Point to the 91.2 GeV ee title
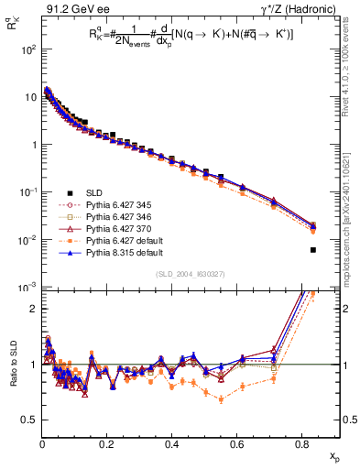[x=69, y=8]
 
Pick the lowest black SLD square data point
[x=313, y=249]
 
